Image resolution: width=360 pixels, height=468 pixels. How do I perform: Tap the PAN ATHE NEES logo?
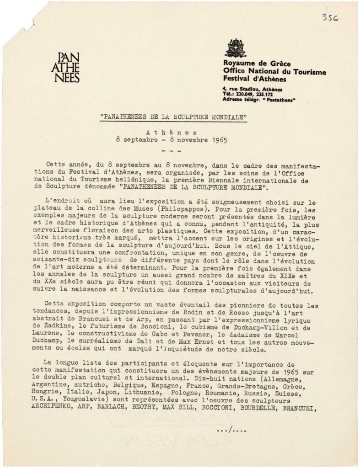tap(65, 67)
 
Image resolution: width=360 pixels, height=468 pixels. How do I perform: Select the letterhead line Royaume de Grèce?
tap(257, 64)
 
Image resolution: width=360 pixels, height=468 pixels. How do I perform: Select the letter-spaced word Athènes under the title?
tap(174, 132)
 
